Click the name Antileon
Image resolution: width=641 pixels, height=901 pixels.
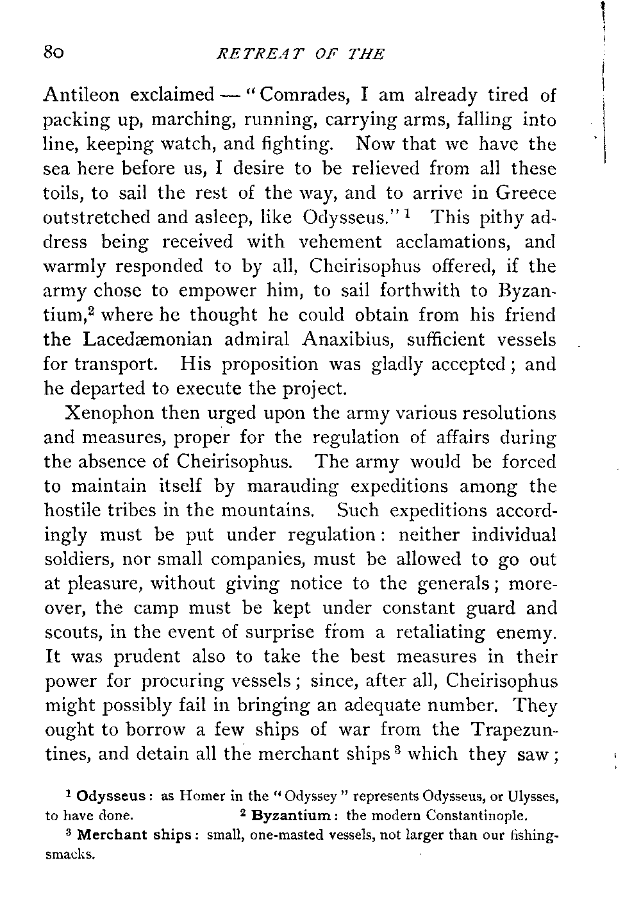pyautogui.click(x=82, y=96)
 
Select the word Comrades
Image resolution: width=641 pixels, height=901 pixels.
pyautogui.click(x=304, y=96)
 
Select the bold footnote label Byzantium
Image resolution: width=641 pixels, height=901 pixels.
pyautogui.click(x=290, y=817)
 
